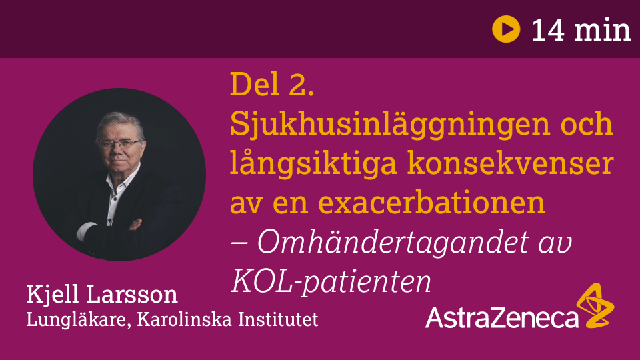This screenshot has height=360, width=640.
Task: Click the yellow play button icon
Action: (506, 29)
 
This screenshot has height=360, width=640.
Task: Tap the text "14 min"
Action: (581, 30)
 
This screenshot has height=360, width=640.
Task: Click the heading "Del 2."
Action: (272, 84)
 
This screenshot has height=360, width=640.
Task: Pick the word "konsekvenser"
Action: (510, 163)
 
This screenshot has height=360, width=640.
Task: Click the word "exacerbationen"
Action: (431, 202)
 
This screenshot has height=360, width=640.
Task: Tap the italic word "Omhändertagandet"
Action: (393, 242)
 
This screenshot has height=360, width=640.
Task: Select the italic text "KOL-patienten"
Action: (331, 281)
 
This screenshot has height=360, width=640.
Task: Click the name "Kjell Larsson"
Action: (102, 295)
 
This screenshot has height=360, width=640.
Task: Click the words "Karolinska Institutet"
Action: (227, 319)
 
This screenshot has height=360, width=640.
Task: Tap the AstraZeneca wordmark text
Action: (501, 317)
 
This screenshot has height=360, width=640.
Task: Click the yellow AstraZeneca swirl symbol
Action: (595, 305)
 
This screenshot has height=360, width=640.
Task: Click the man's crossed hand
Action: (135, 225)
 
